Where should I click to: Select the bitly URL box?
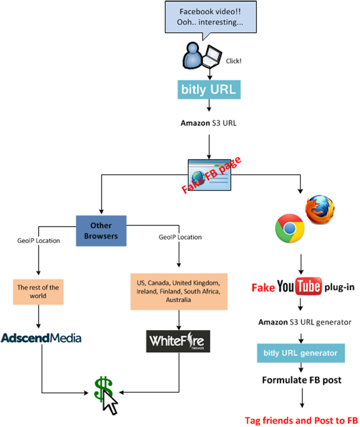pyautogui.click(x=210, y=90)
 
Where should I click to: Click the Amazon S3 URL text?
pyautogui.click(x=210, y=124)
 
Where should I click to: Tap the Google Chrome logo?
pyautogui.click(x=289, y=229)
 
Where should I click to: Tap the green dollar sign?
pyautogui.click(x=102, y=391)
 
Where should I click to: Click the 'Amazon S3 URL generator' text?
pyautogui.click(x=305, y=322)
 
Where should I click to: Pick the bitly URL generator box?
pyautogui.click(x=301, y=353)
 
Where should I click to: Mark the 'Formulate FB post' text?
pyautogui.click(x=303, y=379)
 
